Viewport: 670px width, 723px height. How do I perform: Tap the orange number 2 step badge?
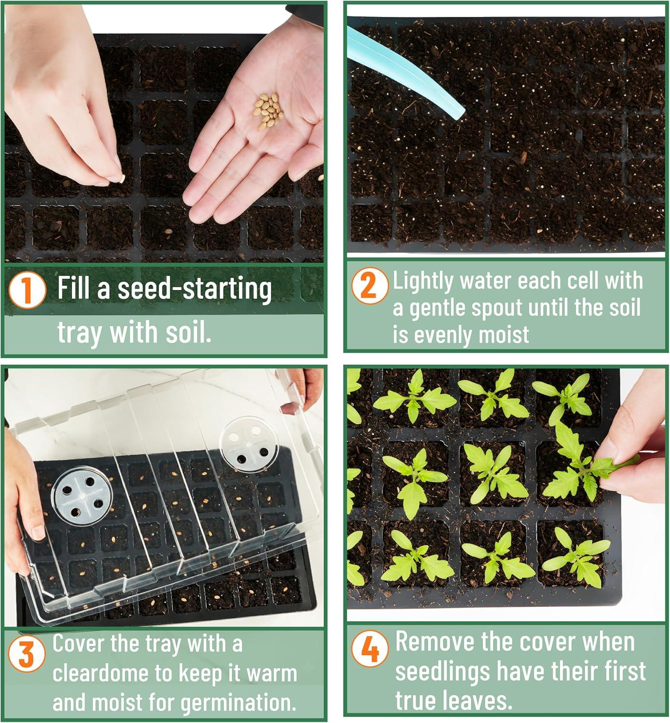tap(370, 285)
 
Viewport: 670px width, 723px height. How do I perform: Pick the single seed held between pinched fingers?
tap(121, 178)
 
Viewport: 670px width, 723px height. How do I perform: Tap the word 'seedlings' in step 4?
tap(442, 671)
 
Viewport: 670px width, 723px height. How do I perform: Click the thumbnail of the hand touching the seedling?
tap(506, 494)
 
